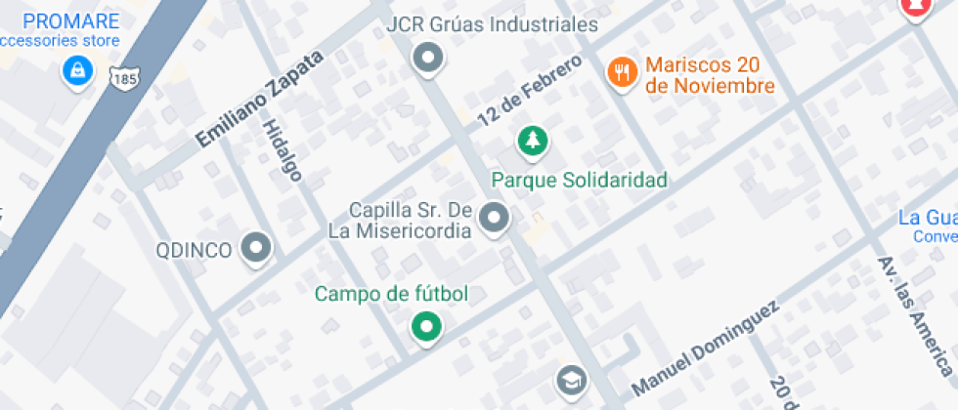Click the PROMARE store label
[x=70, y=21]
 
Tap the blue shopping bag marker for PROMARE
[x=76, y=70]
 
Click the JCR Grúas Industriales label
[x=478, y=24]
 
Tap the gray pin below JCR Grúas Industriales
[x=427, y=59]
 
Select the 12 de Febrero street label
[x=529, y=91]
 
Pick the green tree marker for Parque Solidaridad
[x=532, y=141]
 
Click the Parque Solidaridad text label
[x=579, y=180]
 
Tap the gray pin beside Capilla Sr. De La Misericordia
[x=496, y=218]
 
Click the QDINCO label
[x=195, y=250]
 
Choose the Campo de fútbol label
[x=391, y=294]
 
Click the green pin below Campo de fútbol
[x=425, y=327]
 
